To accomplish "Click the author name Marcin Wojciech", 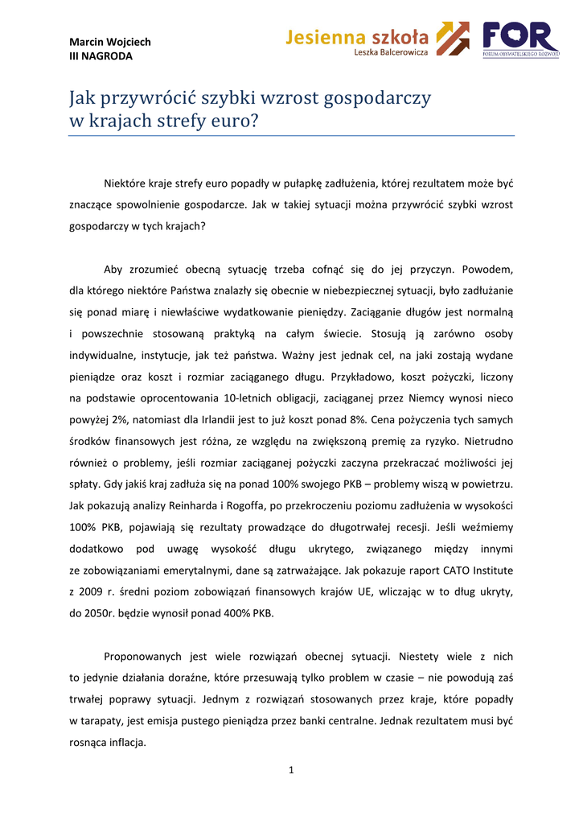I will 110,42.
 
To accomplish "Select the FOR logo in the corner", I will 520,39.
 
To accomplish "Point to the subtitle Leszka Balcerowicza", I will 391,52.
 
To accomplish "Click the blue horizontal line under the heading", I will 291,136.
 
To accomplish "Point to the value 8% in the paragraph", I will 358,420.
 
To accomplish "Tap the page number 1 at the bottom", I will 291,771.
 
